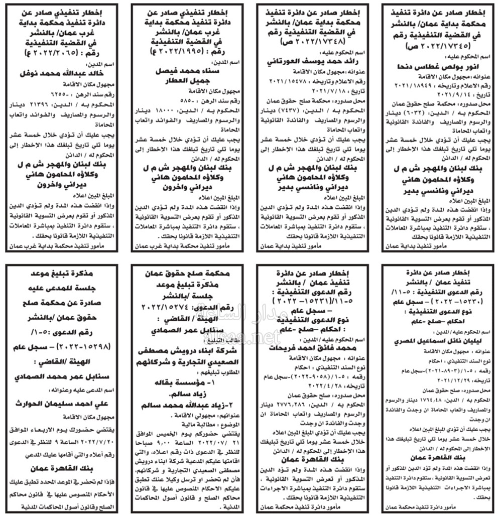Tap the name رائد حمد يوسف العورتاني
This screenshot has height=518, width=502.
coord(315,62)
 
